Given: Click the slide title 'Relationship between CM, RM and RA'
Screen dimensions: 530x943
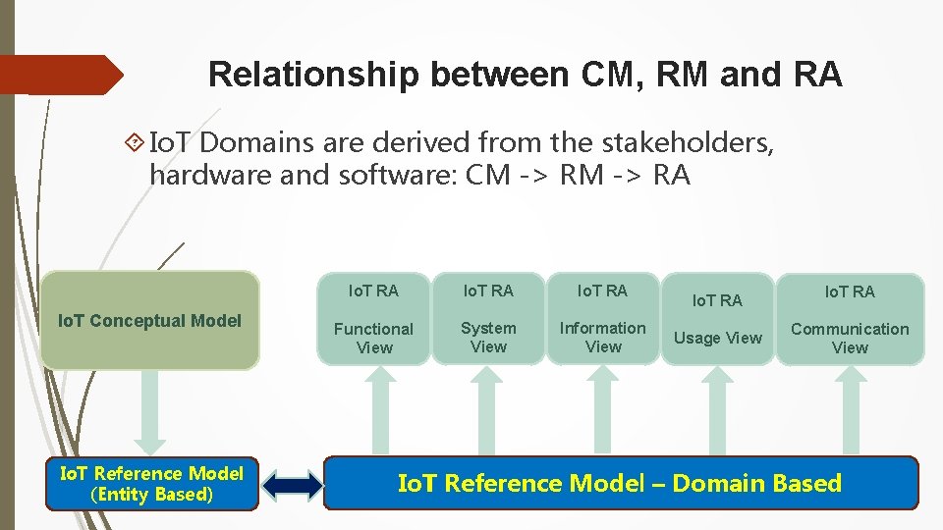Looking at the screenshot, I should (x=525, y=75).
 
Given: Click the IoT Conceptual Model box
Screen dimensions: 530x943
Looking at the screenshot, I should (x=150, y=320).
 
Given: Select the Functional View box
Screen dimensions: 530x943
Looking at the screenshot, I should (x=373, y=319).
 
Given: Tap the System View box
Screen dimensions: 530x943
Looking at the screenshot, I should (x=488, y=319).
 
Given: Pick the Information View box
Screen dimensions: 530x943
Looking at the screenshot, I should (x=603, y=319).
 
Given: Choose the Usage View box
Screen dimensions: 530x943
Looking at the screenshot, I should (x=717, y=319).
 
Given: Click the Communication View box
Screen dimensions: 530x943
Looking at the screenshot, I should (x=850, y=319).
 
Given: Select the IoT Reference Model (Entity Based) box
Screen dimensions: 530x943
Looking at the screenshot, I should (x=152, y=484).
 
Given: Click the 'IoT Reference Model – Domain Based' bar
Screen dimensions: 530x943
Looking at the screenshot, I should (x=620, y=483).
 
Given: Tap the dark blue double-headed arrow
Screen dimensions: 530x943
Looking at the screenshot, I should (x=293, y=484).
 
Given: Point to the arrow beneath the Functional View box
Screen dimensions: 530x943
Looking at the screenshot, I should (x=373, y=410).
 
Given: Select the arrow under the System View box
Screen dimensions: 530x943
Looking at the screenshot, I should (x=488, y=410).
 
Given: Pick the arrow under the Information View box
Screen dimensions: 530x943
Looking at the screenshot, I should (x=603, y=410).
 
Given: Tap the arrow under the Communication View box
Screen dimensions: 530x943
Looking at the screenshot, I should (x=850, y=410).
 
